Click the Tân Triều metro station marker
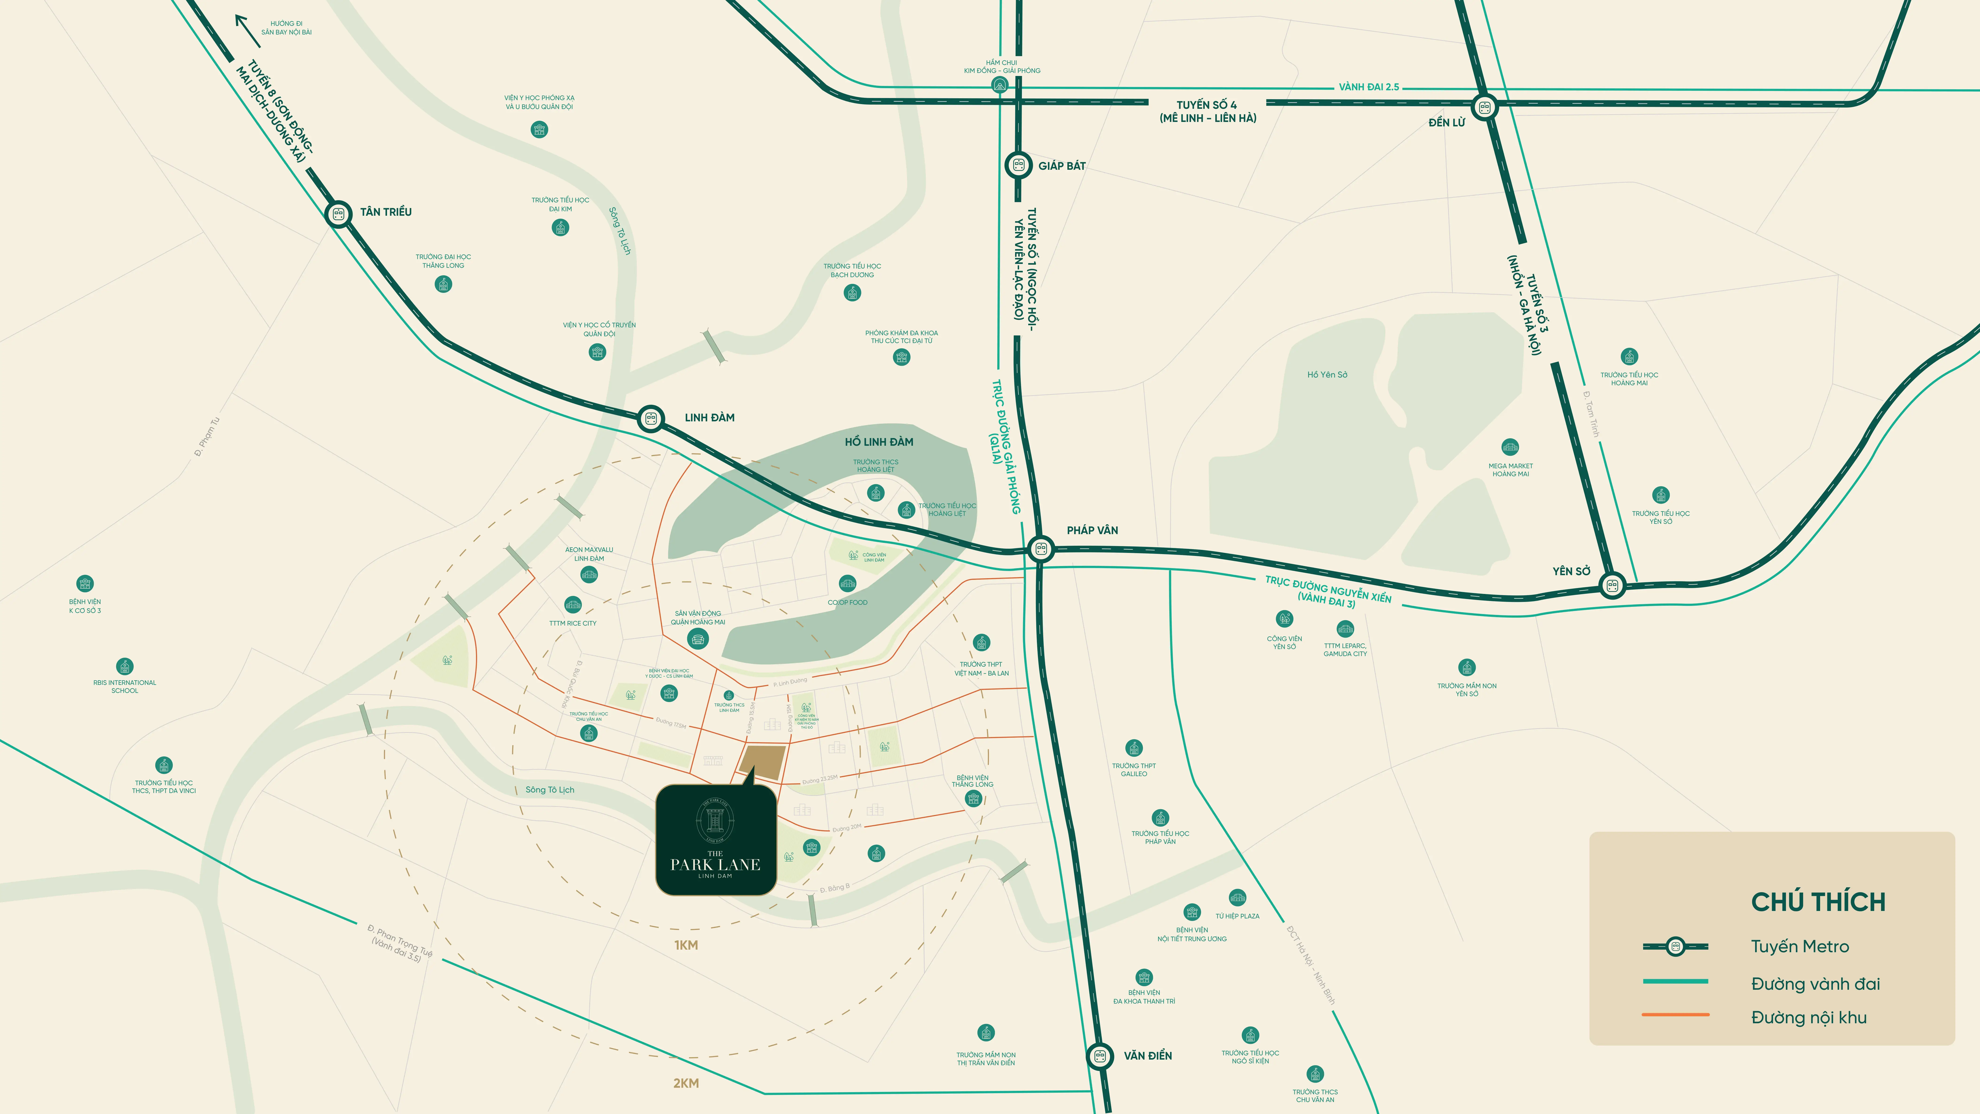[338, 214]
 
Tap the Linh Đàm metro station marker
[651, 419]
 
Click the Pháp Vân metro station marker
[1042, 549]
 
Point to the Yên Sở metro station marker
[1613, 586]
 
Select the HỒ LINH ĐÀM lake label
[879, 442]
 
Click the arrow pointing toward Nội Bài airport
[248, 31]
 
